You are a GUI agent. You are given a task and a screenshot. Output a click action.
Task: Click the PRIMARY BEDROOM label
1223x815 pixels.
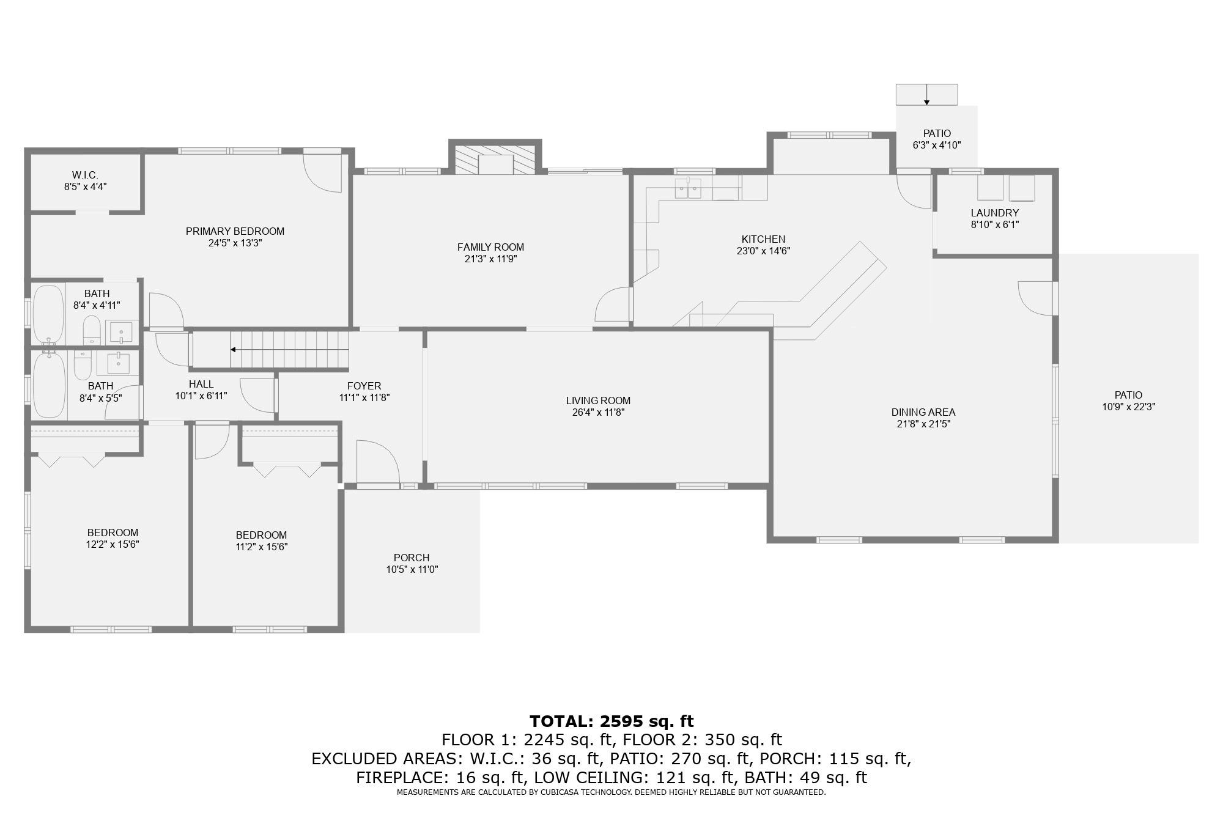click(235, 231)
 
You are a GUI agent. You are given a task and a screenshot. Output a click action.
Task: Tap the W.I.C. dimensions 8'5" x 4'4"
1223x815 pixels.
click(86, 187)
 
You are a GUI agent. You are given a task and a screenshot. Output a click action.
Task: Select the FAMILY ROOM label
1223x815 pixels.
click(490, 247)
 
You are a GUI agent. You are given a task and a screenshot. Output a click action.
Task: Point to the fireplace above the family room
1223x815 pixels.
click(495, 160)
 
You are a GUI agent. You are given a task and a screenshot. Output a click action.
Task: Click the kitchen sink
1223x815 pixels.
click(689, 189)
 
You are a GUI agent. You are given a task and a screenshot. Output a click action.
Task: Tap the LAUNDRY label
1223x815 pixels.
click(994, 213)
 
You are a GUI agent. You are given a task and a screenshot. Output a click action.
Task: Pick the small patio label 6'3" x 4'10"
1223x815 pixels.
click(937, 146)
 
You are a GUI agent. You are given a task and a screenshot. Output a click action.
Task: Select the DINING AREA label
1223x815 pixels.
click(923, 412)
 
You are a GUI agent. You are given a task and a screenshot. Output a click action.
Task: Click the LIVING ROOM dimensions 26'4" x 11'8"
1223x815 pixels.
click(597, 413)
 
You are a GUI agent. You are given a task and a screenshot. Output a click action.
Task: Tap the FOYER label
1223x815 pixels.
click(364, 386)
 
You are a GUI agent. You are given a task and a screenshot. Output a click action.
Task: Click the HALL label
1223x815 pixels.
click(201, 384)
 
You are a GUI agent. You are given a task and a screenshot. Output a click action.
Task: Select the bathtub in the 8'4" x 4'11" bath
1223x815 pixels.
click(48, 313)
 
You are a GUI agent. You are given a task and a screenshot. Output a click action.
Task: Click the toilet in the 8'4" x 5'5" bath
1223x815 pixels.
click(82, 364)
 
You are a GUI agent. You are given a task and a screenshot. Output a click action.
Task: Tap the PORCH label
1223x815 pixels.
click(411, 558)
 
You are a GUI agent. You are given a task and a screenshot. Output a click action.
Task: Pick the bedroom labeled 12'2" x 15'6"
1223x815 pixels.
click(113, 538)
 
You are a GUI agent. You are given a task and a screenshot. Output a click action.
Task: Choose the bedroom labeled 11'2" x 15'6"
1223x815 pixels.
click(261, 540)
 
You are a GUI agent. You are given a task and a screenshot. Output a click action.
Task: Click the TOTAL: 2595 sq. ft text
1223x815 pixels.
click(611, 721)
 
